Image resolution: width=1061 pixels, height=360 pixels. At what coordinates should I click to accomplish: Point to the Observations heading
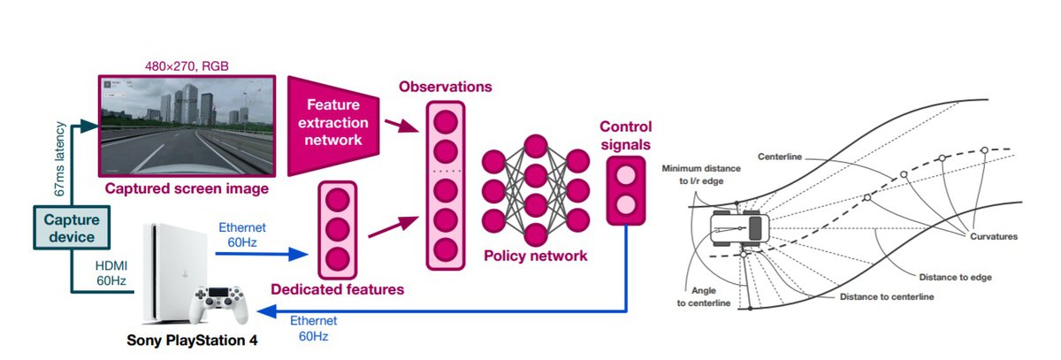(x=445, y=87)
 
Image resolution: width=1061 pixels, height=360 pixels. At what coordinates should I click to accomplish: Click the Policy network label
(x=535, y=256)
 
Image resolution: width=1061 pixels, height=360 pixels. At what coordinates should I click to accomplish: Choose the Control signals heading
(x=626, y=134)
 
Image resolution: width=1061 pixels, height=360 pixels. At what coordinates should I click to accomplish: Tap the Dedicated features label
(x=337, y=288)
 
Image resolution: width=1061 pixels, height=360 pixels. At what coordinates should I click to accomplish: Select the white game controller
(x=220, y=305)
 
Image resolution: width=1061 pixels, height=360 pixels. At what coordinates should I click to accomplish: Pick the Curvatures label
(x=993, y=236)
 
